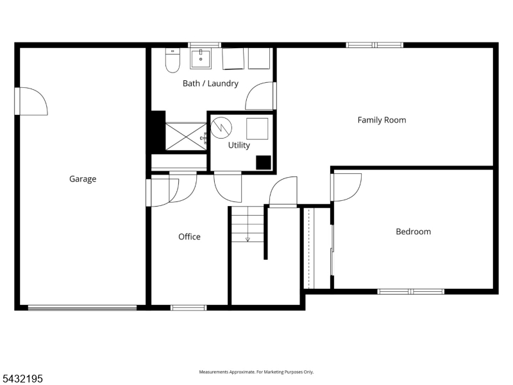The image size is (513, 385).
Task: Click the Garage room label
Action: (83, 179)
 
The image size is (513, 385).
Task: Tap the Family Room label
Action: (382, 120)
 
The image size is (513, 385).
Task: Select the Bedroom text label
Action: (413, 232)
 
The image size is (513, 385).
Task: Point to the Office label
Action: (189, 237)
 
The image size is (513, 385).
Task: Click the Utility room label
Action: (239, 146)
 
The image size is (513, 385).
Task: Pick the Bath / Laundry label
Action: (211, 83)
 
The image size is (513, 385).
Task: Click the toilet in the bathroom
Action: (172, 60)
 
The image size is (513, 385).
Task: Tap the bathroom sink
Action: (201, 59)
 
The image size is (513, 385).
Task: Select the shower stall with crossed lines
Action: (186, 137)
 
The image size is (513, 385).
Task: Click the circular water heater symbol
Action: (221, 127)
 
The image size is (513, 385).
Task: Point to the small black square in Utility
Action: (264, 163)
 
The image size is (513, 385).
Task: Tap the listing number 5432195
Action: (21, 379)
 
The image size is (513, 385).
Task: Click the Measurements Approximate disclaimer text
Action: (256, 372)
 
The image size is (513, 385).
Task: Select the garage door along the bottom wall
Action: (82, 308)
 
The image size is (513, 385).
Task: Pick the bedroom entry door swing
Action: (348, 187)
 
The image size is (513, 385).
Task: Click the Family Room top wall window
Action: (374, 45)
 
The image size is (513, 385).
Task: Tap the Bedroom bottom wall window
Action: (411, 291)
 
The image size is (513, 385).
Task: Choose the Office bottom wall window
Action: (189, 308)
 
